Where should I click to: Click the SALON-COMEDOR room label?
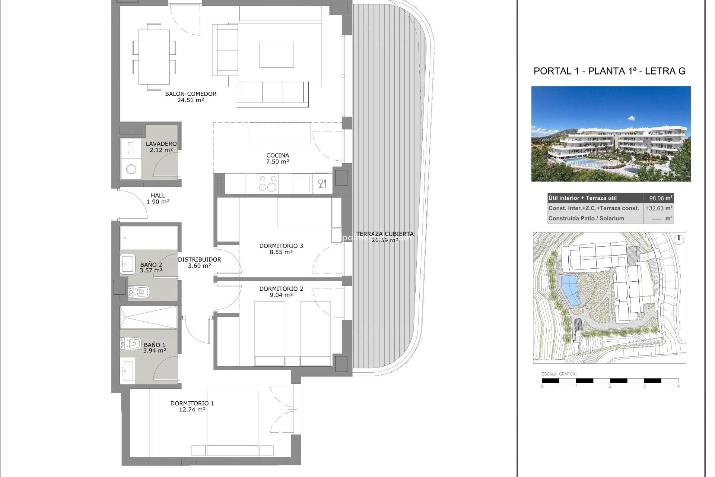[x=191, y=94]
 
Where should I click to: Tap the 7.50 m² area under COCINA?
[x=277, y=162]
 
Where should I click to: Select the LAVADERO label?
[x=161, y=144]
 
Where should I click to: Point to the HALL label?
[x=158, y=195]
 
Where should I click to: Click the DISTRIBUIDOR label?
[x=199, y=259]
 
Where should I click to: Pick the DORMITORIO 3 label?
[x=281, y=246]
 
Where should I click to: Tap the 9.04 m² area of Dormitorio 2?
[x=281, y=295]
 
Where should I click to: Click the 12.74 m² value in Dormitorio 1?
[x=192, y=410]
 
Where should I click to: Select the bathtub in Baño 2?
[x=148, y=238]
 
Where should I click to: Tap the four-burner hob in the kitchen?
[x=268, y=183]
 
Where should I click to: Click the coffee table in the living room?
[x=276, y=55]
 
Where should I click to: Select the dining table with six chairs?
[x=154, y=57]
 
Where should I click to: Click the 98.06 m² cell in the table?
[x=658, y=198]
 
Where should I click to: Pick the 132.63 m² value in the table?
[x=658, y=208]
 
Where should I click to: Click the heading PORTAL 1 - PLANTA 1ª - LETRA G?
[x=609, y=71]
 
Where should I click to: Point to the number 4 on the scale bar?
[x=678, y=386]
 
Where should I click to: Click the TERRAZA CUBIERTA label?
[x=384, y=234]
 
